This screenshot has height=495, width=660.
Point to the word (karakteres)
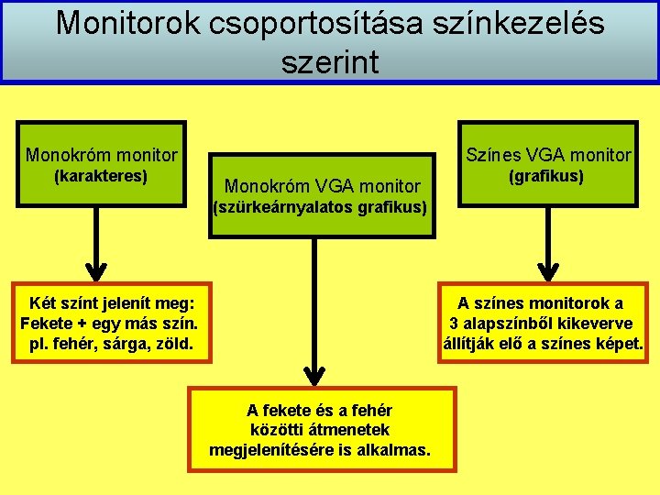click(x=101, y=175)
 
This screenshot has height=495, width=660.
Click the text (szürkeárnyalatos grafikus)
click(x=320, y=207)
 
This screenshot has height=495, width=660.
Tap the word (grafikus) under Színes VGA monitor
click(x=547, y=175)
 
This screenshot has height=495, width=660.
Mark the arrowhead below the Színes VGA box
click(x=547, y=270)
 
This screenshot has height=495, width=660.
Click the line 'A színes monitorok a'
click(x=541, y=303)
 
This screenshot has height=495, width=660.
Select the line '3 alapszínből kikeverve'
click(x=541, y=324)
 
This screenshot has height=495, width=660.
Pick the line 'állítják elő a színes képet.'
click(x=543, y=345)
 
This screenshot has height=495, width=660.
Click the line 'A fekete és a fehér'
click(x=320, y=410)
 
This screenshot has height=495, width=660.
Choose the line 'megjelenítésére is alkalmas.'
click(x=320, y=450)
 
